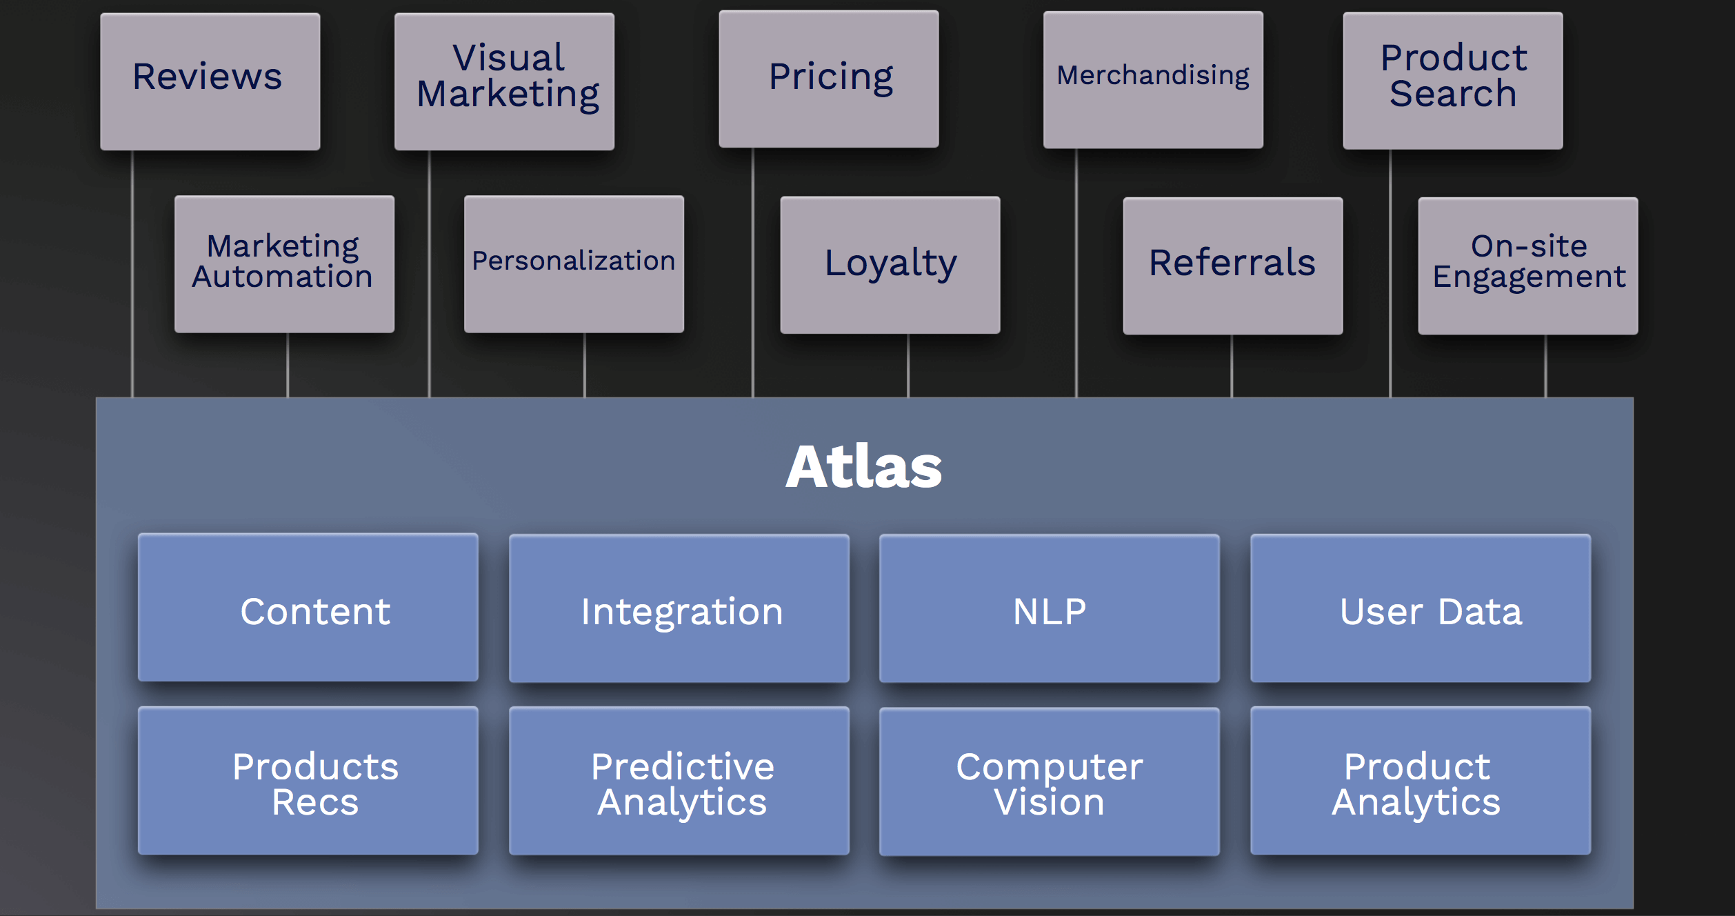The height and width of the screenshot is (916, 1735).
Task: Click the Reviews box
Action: pos(210,81)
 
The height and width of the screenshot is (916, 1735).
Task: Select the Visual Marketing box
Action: pos(504,81)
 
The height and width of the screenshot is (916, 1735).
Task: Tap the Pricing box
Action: pos(828,79)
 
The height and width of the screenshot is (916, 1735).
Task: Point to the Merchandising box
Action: pos(1153,79)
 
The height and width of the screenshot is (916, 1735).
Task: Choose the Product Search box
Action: pos(1452,80)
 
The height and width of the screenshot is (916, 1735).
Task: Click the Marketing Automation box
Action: pos(284,263)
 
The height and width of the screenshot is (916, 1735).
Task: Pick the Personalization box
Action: pos(574,263)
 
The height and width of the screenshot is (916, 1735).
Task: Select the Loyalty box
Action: pos(890,265)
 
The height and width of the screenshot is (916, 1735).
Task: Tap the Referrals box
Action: pos(1232,266)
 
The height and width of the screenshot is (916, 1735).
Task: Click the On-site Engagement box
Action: pos(1527,266)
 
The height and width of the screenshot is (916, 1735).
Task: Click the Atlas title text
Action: pos(863,467)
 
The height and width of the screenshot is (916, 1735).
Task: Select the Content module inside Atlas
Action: pos(308,608)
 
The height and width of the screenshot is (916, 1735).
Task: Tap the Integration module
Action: pos(679,608)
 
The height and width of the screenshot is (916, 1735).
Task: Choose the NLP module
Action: pos(1049,608)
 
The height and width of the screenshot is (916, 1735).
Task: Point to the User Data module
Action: pos(1420,608)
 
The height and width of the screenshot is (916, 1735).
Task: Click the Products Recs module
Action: pos(308,781)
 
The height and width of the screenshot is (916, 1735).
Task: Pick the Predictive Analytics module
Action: pos(679,781)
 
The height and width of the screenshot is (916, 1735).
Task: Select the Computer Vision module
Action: pos(1049,781)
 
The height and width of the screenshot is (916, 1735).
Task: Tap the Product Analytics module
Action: pos(1420,781)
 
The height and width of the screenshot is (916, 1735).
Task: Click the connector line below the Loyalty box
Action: pos(908,366)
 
